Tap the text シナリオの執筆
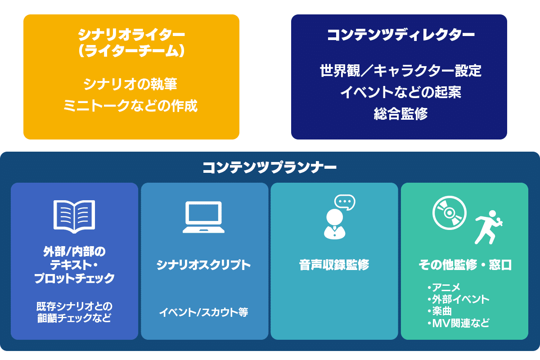point(130,84)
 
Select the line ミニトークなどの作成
point(130,106)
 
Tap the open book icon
point(74,216)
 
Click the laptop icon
point(203,217)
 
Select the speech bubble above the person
point(345,202)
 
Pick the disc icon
point(449,212)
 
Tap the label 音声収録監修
point(334,265)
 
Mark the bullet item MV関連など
point(458,323)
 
